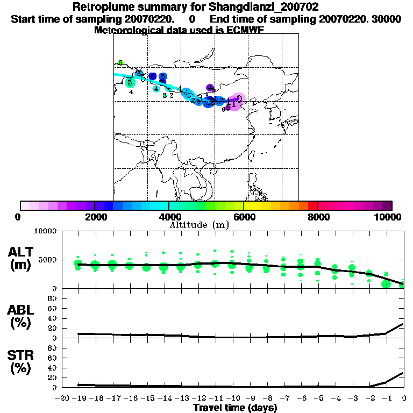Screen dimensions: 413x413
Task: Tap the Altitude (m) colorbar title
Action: pyautogui.click(x=199, y=225)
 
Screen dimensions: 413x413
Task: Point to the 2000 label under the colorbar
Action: pyautogui.click(x=95, y=217)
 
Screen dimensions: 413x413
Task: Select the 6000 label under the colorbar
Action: pyautogui.click(x=244, y=217)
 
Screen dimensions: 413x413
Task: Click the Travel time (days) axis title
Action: pyautogui.click(x=236, y=408)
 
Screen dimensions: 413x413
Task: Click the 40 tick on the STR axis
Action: pyautogui.click(x=53, y=367)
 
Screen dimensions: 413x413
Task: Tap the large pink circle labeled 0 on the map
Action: pyautogui.click(x=238, y=99)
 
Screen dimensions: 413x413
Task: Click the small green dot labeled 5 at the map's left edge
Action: pyautogui.click(x=121, y=63)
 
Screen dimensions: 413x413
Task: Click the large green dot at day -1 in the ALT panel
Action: pyautogui.click(x=386, y=283)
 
